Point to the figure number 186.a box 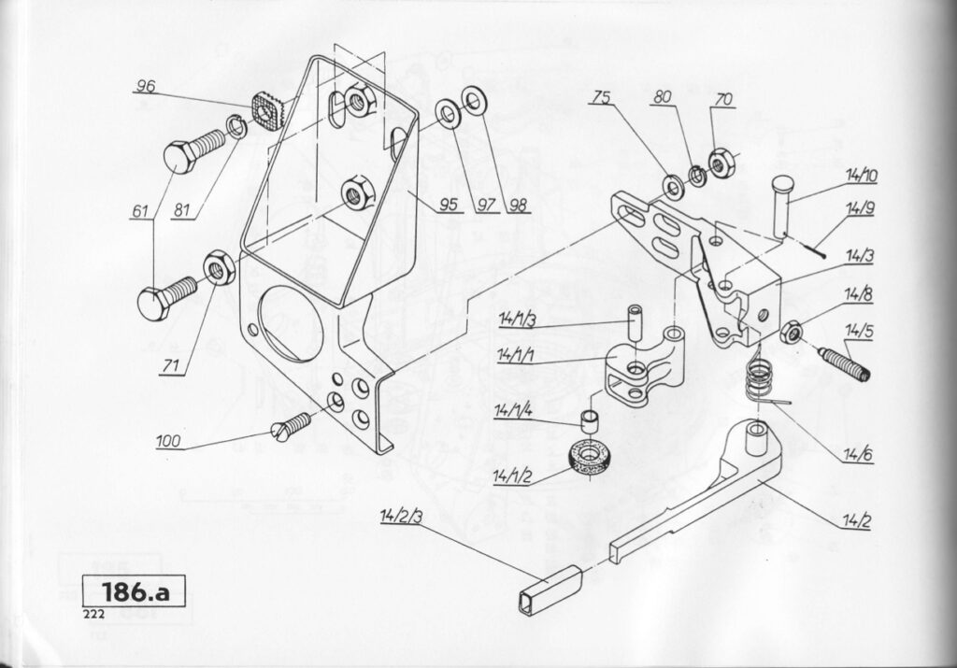[133, 591]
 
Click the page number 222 [92, 614]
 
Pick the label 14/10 [860, 175]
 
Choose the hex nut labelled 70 [720, 162]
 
